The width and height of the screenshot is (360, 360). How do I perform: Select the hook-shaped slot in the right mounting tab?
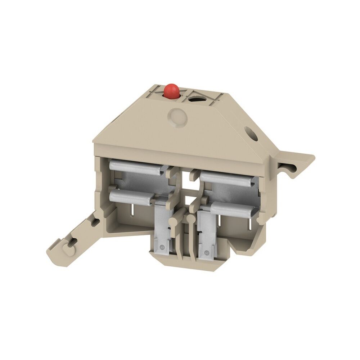[290, 166]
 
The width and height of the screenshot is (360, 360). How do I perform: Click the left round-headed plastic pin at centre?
[174, 217]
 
